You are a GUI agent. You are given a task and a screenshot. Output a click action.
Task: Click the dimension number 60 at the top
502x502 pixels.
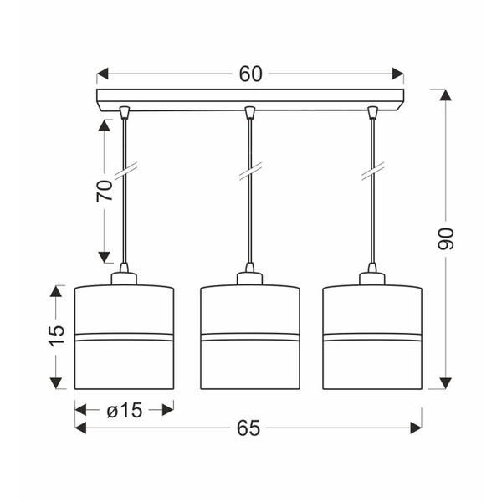point(251,74)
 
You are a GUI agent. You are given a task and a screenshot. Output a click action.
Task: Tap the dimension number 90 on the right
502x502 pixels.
point(445,238)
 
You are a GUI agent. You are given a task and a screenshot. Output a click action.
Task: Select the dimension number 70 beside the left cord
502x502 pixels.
point(105,191)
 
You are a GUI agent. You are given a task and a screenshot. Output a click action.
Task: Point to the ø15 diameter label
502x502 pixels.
point(124,410)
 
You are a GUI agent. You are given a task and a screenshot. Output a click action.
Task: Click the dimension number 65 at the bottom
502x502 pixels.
point(248,428)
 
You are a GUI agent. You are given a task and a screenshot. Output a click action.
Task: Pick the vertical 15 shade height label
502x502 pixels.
point(56,336)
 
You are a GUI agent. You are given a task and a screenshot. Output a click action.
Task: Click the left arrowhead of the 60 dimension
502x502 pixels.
point(102,74)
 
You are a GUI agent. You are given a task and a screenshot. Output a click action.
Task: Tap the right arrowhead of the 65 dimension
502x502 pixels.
point(416,428)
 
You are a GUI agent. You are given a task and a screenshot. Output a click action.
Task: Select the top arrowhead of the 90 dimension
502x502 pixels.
point(445,95)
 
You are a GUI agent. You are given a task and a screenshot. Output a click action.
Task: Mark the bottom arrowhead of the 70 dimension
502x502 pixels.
point(104,257)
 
